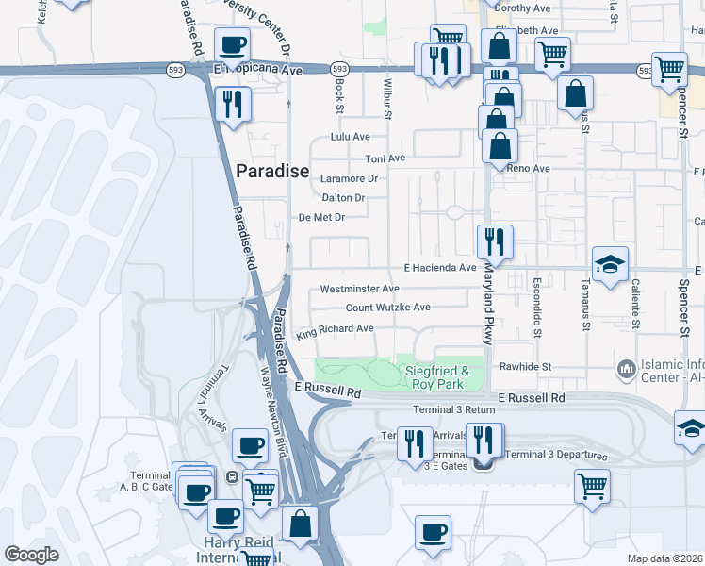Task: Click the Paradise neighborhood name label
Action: pyautogui.click(x=271, y=171)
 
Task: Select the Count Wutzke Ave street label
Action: pyautogui.click(x=387, y=308)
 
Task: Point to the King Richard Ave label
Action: pyautogui.click(x=335, y=329)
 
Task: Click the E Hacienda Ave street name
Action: pyautogui.click(x=440, y=268)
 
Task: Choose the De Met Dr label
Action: pyautogui.click(x=322, y=217)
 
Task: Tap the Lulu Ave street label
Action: pyautogui.click(x=349, y=137)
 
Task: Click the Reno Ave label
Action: pyautogui.click(x=528, y=169)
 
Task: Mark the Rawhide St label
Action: pyautogui.click(x=525, y=366)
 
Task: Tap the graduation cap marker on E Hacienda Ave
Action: pyautogui.click(x=610, y=264)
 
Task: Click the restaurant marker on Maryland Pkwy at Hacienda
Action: pyautogui.click(x=495, y=242)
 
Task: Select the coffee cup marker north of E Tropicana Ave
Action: pyautogui.click(x=232, y=44)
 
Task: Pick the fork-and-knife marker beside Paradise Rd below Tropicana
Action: pyautogui.click(x=232, y=104)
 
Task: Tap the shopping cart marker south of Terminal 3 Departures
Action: pyautogui.click(x=592, y=488)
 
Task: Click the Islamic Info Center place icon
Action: pyautogui.click(x=624, y=366)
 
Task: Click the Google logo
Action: pyautogui.click(x=31, y=554)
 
